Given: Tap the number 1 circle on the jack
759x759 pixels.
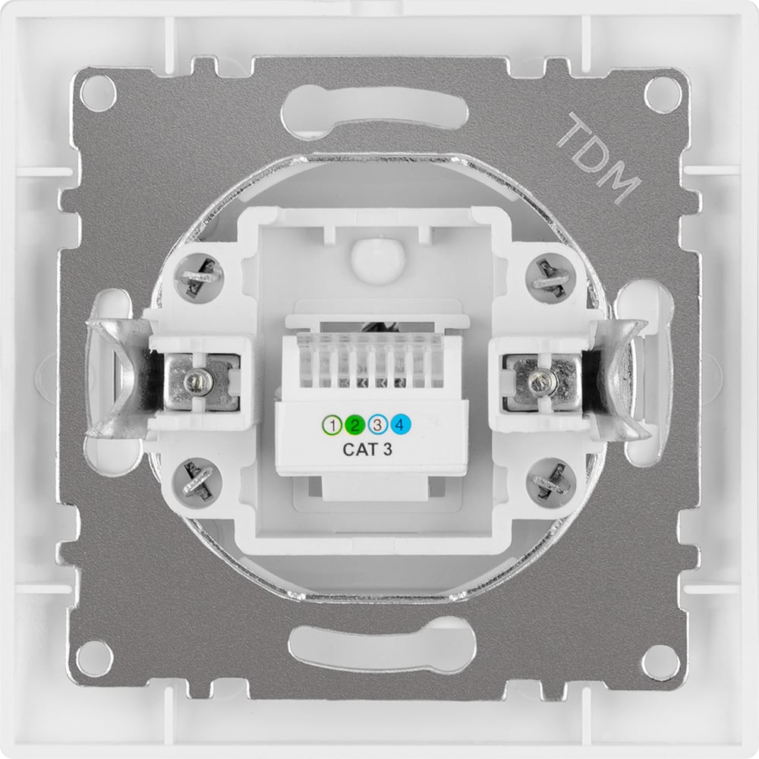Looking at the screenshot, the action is point(332,426).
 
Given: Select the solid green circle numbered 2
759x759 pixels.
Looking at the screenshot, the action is point(354,426).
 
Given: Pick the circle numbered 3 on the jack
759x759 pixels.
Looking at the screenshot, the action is point(377,426).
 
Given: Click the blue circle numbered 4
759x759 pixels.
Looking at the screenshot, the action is point(400,425).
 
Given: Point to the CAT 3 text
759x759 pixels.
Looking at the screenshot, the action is point(367,449).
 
